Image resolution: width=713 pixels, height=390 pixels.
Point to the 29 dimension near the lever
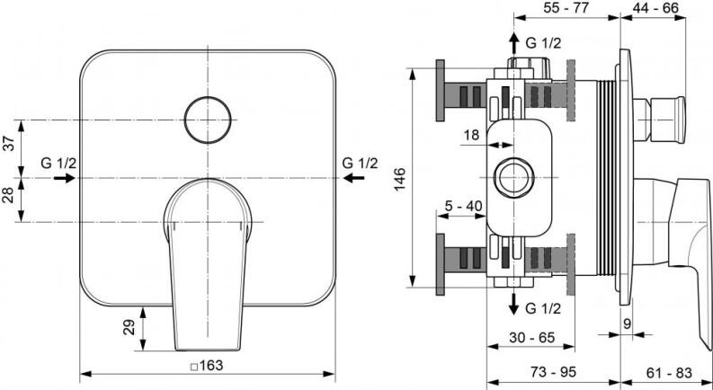click(129, 325)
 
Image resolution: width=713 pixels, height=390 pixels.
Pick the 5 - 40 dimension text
click(464, 206)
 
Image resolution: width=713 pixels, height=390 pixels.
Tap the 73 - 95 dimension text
click(553, 371)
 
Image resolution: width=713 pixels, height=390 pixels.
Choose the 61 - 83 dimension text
click(670, 371)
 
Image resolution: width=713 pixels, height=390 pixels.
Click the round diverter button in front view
click(208, 119)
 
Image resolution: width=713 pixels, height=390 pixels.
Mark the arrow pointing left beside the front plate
click(356, 179)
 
